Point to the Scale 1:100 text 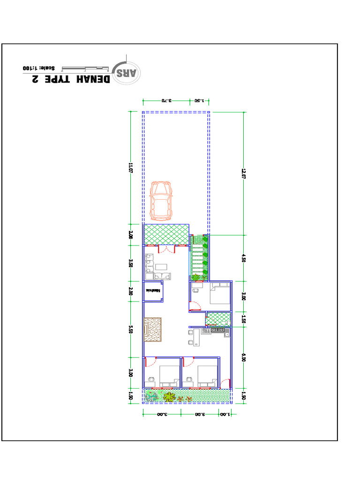pyautogui.click(x=39, y=68)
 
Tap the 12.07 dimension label pyautogui.click(x=243, y=173)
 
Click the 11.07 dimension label pyautogui.click(x=131, y=167)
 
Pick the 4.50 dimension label pyautogui.click(x=243, y=258)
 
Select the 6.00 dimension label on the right pyautogui.click(x=243, y=357)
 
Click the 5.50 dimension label pyautogui.click(x=131, y=330)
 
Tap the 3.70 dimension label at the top pyautogui.click(x=166, y=100)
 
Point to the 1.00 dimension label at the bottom pyautogui.click(x=225, y=414)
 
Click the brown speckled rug pyautogui.click(x=153, y=330)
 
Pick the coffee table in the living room pyautogui.click(x=162, y=267)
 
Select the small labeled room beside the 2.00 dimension pyautogui.click(x=153, y=291)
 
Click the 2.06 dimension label pyautogui.click(x=131, y=234)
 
